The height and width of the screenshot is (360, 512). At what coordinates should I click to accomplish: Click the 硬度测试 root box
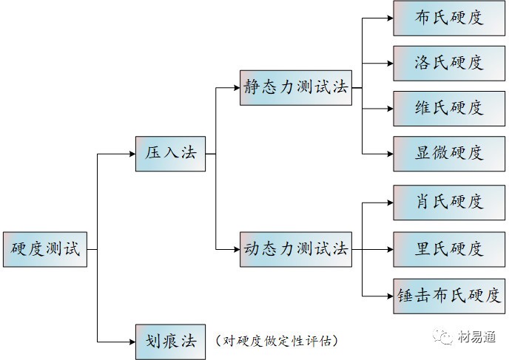pos(45,249)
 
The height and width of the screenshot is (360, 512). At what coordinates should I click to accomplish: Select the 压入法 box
pos(170,154)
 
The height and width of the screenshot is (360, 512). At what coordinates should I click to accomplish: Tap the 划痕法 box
pos(170,341)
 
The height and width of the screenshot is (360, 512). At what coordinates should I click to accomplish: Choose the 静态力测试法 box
pos(295,86)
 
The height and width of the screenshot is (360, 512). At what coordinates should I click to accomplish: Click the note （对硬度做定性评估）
pos(277,341)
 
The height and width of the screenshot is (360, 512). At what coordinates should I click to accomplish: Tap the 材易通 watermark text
pos(478,339)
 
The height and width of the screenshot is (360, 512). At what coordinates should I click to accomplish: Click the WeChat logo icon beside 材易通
pos(446,339)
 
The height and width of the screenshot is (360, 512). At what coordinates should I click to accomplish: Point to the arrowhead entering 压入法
pos(131,154)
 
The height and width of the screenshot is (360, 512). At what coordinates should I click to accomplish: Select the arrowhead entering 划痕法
pos(131,341)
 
